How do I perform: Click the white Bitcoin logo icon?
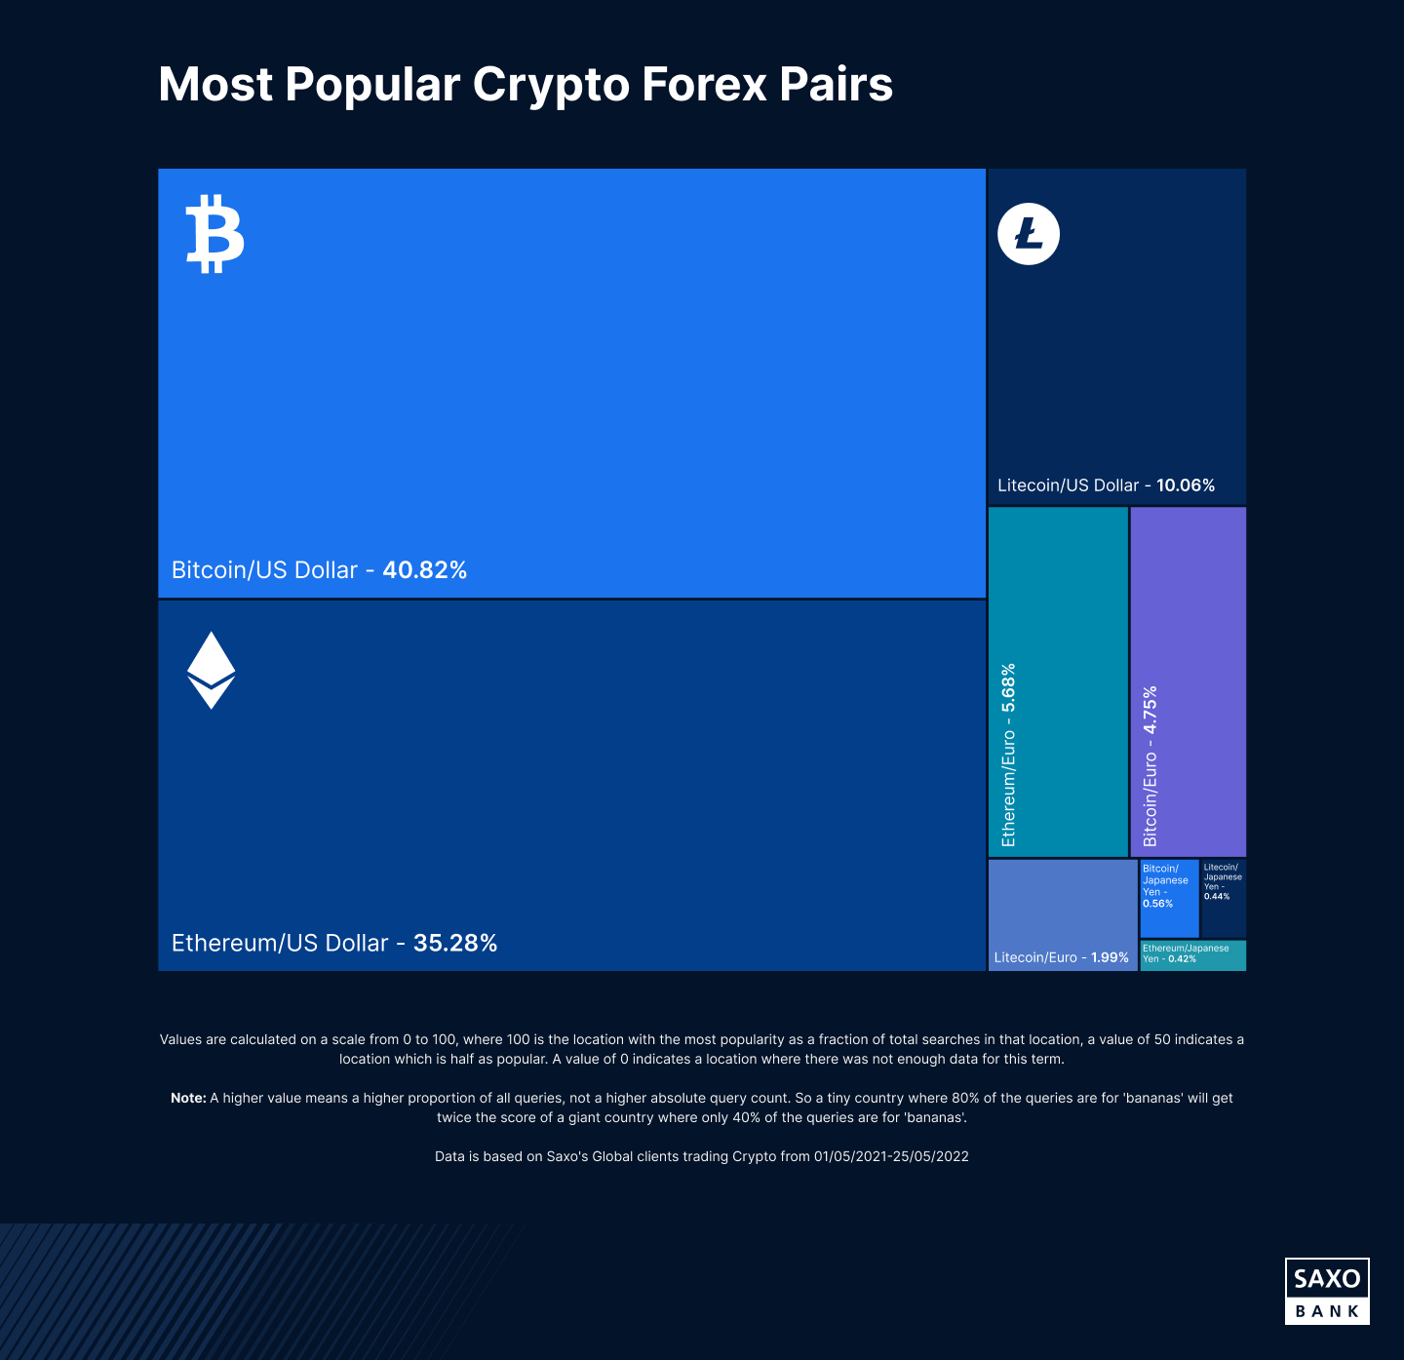pyautogui.click(x=214, y=234)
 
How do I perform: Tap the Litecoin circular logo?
pyautogui.click(x=1028, y=234)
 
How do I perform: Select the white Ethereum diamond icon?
pyautogui.click(x=211, y=670)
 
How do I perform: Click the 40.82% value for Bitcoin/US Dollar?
pyautogui.click(x=424, y=570)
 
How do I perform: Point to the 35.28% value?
pyautogui.click(x=455, y=943)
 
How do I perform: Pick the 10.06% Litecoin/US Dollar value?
pyautogui.click(x=1185, y=486)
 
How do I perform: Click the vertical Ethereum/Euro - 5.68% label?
pyautogui.click(x=1008, y=755)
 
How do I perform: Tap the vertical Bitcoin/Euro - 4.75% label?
pyautogui.click(x=1150, y=765)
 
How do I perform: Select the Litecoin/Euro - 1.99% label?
pyautogui.click(x=1061, y=957)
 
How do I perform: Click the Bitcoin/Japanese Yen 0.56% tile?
pyautogui.click(x=1168, y=897)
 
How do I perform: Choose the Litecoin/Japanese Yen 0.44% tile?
pyautogui.click(x=1223, y=897)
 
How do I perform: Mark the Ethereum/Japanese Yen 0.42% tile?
pyautogui.click(x=1192, y=954)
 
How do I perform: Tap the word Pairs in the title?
pyautogui.click(x=836, y=85)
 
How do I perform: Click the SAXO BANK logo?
pyautogui.click(x=1327, y=1291)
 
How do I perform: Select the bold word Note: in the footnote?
pyautogui.click(x=188, y=1098)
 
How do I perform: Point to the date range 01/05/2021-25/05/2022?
pyautogui.click(x=891, y=1156)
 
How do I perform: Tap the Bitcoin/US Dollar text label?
pyautogui.click(x=264, y=570)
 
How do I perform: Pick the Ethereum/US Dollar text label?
pyautogui.click(x=280, y=943)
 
